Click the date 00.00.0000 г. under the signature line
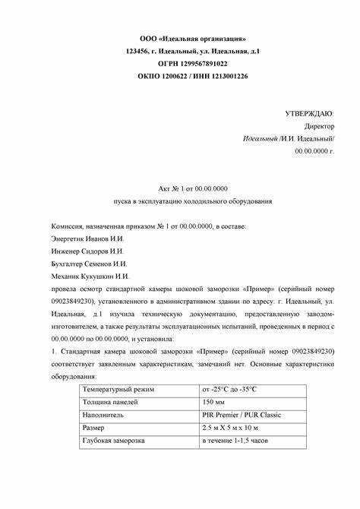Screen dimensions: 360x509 click(314, 152)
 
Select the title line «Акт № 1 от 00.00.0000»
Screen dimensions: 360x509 click(193, 188)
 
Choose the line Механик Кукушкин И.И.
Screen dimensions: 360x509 click(85, 276)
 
